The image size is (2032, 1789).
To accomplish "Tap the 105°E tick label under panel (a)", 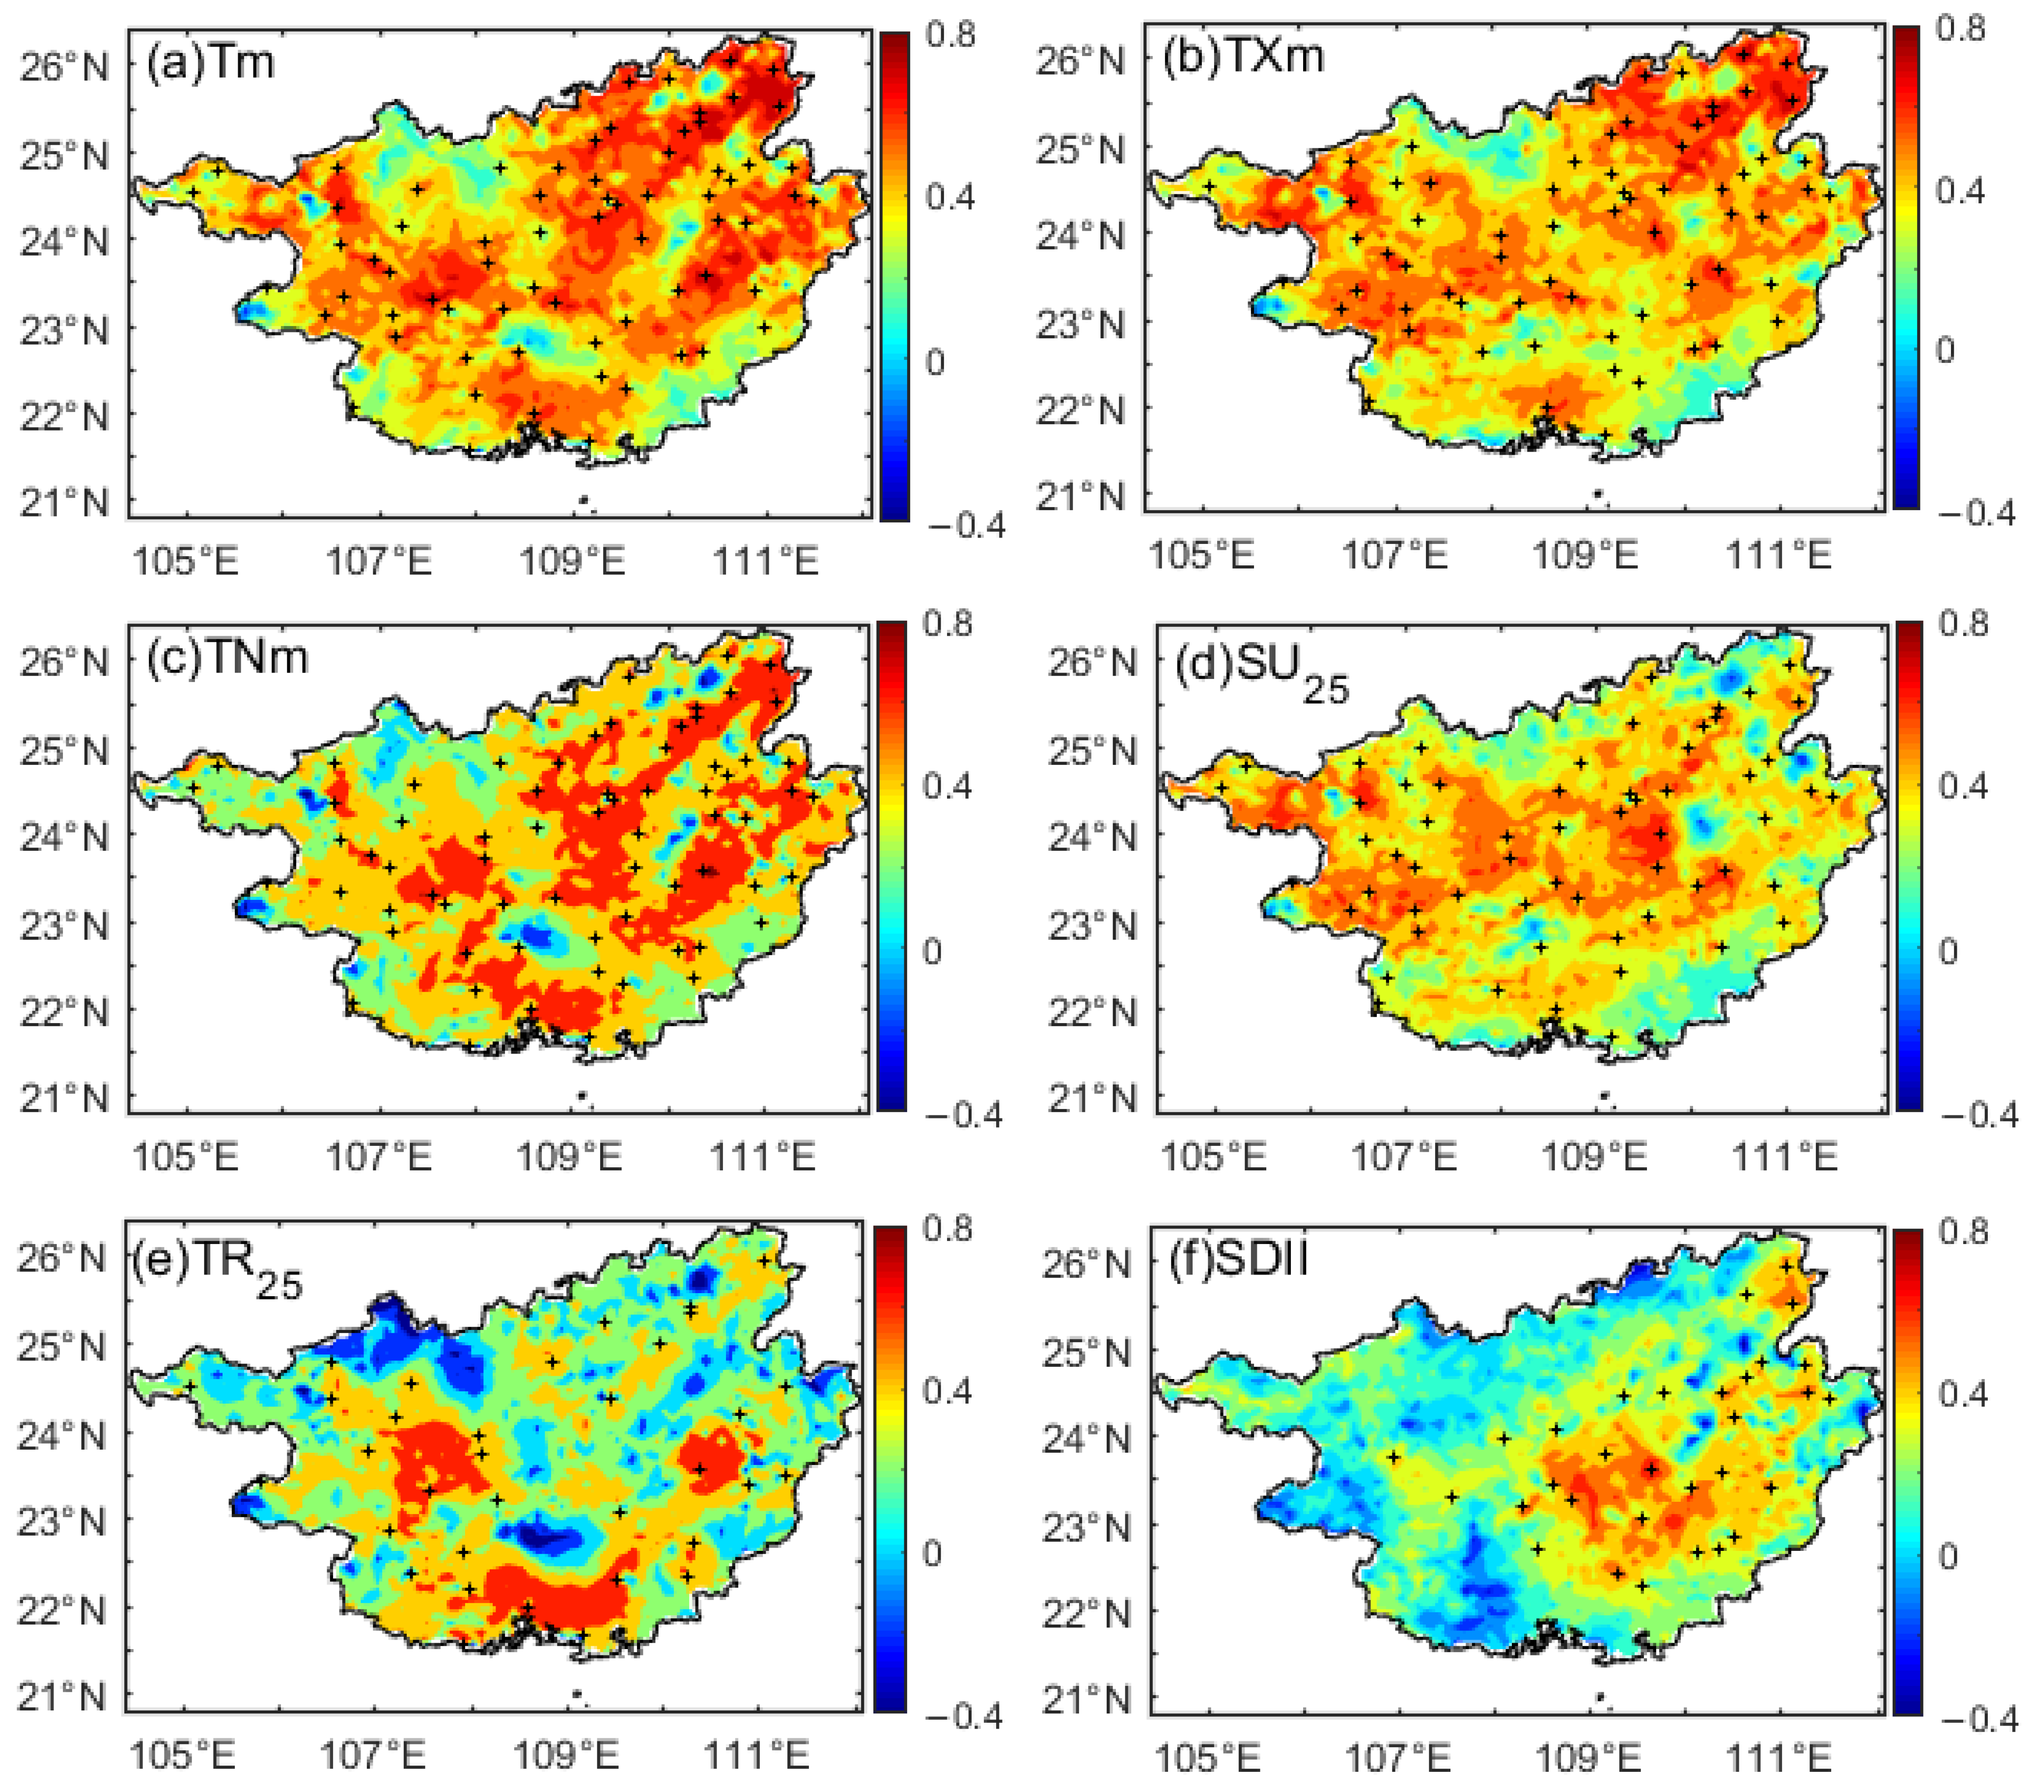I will (186, 562).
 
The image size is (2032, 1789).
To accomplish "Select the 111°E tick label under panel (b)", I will (1779, 555).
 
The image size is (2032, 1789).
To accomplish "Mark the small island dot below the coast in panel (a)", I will (584, 500).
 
